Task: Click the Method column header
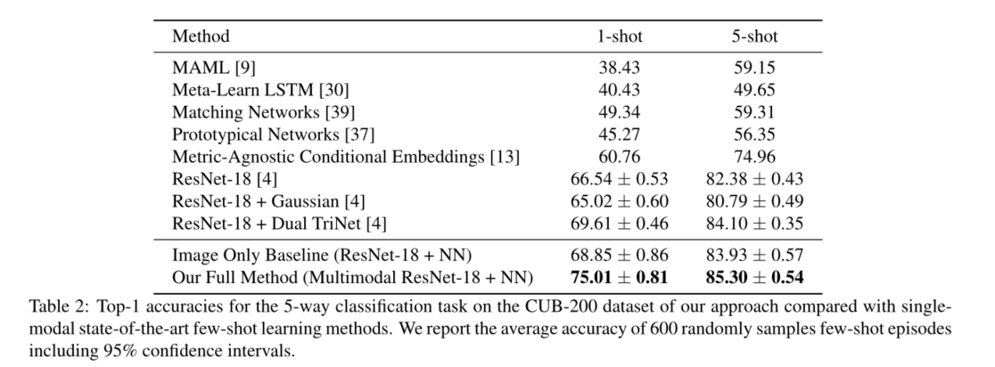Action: click(x=201, y=37)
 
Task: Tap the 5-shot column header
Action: click(x=753, y=37)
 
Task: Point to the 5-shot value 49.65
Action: click(x=753, y=90)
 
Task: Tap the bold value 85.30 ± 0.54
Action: click(x=753, y=278)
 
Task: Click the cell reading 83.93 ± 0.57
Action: click(x=753, y=256)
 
